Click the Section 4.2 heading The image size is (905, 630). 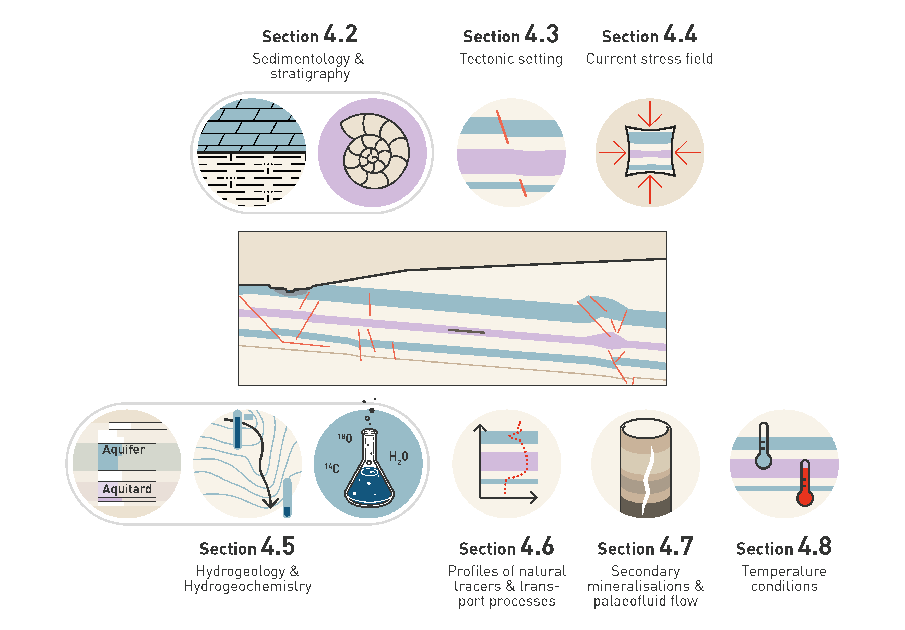(x=309, y=35)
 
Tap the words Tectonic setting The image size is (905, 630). (x=511, y=59)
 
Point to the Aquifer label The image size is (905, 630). (x=124, y=449)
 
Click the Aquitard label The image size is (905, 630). (x=127, y=489)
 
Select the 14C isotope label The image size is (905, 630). (x=332, y=468)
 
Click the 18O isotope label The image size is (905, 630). (x=345, y=438)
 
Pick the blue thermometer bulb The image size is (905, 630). (x=764, y=460)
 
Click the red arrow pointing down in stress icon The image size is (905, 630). (x=650, y=115)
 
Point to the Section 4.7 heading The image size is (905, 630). (x=645, y=547)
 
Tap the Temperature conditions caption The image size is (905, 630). (x=784, y=578)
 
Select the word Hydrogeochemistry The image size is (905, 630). (x=247, y=586)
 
